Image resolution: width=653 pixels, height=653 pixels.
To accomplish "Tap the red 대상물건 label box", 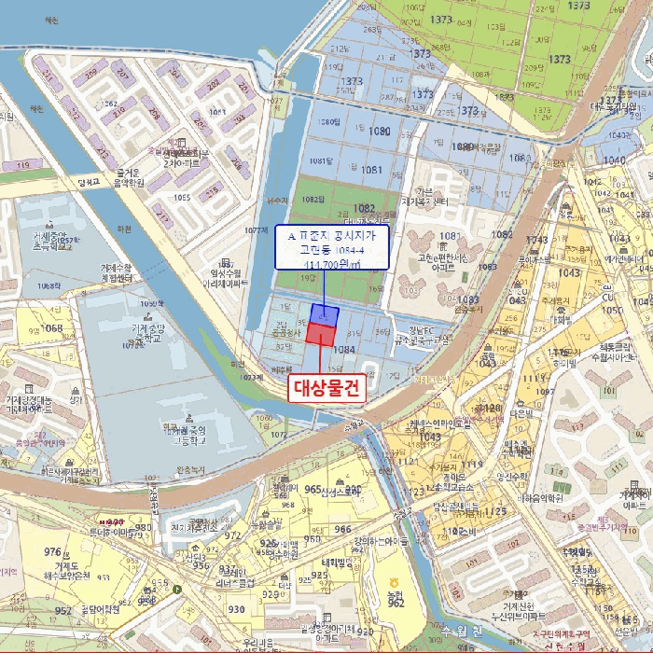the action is pos(321,386).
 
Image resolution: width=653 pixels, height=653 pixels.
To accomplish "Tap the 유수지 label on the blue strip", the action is pos(277,200).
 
